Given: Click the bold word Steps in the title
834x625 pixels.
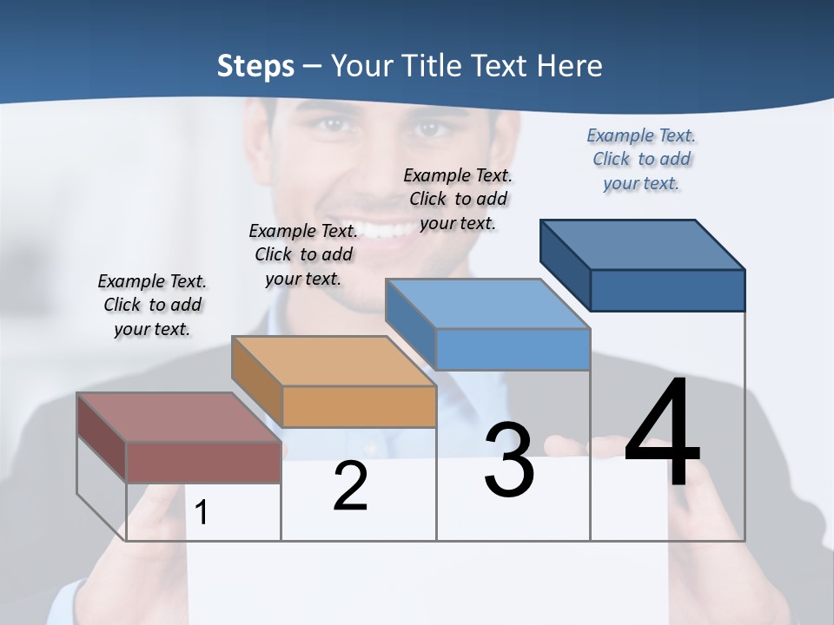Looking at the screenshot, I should [255, 66].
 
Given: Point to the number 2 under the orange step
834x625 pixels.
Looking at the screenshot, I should [350, 486].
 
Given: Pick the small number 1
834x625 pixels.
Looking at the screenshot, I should [202, 512].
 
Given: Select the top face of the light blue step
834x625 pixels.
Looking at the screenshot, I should [487, 303].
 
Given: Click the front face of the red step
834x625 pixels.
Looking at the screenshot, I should [203, 463].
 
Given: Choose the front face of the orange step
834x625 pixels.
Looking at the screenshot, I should [359, 406].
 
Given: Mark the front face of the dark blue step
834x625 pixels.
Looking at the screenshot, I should [667, 290].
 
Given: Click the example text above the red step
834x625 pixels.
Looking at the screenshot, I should [152, 305].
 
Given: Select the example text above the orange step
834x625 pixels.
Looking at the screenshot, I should [303, 254].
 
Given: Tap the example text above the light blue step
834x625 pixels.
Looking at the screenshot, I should [458, 199].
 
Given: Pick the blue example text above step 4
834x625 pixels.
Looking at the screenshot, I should [641, 159].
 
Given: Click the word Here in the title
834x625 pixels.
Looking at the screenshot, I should [570, 66].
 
